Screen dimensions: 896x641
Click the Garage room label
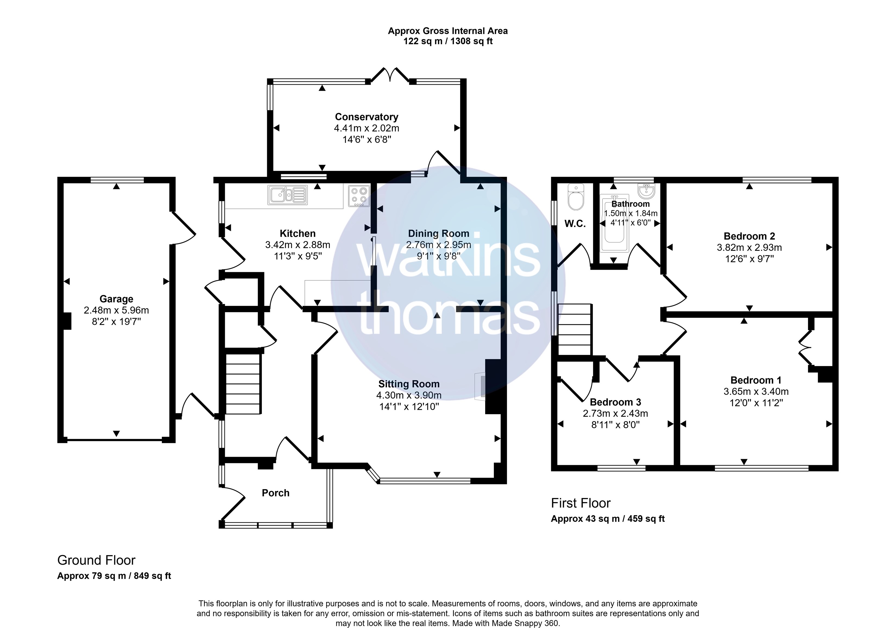[116, 299]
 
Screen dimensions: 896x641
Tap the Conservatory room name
[367, 117]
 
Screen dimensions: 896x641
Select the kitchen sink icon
[288, 195]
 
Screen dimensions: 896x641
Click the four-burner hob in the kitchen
[359, 196]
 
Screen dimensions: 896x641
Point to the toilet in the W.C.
[576, 197]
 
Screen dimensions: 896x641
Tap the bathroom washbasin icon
[646, 191]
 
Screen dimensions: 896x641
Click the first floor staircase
[574, 329]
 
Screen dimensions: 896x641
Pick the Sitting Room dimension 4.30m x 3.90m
[409, 395]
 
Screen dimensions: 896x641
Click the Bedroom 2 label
[749, 236]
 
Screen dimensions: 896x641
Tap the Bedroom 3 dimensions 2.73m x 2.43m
[615, 413]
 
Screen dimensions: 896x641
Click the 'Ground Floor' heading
[96, 560]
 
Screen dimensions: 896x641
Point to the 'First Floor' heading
[580, 503]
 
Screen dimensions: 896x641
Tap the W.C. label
[575, 224]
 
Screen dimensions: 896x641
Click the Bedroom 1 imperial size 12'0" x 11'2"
[756, 403]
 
